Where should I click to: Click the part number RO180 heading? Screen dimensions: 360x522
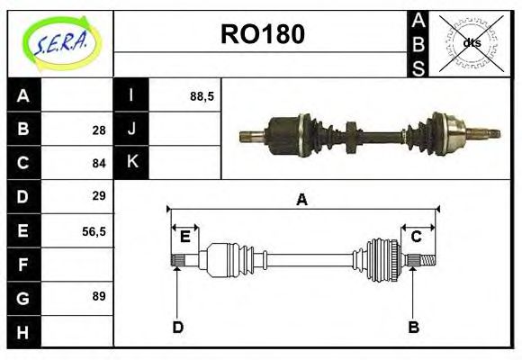tap(262, 34)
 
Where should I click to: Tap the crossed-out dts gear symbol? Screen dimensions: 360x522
tap(471, 43)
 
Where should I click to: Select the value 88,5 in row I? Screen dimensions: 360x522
tap(202, 95)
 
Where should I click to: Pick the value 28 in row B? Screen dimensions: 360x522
tap(99, 130)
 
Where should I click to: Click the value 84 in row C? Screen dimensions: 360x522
tap(99, 163)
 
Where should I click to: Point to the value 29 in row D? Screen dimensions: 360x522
tap(99, 196)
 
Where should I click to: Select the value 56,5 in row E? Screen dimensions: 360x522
tap(94, 230)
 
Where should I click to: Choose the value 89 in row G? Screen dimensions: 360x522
tap(99, 296)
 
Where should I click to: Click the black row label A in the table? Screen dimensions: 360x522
tap(23, 95)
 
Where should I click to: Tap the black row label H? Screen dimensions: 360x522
tap(23, 331)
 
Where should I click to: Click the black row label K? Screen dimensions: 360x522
tap(131, 162)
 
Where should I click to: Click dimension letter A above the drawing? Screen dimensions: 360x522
tap(301, 200)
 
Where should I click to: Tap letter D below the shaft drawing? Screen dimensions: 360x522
tap(177, 327)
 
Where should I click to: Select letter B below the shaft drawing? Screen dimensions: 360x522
tap(414, 327)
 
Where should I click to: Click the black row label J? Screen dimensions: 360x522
tap(131, 129)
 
